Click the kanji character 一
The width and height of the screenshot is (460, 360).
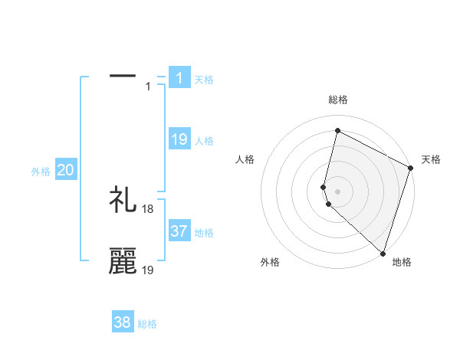pos(123,77)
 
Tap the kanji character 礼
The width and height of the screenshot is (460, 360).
pos(123,200)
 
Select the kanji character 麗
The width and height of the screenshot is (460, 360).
pos(123,261)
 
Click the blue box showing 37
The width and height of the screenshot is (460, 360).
pos(179,231)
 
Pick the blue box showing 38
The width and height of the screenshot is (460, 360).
pos(123,322)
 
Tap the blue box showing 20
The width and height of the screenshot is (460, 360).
pos(65,170)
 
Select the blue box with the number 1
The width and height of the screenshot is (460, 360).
pos(179,77)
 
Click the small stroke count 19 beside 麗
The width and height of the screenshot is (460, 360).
pos(148,270)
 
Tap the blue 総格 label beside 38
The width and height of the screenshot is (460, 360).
pos(147,325)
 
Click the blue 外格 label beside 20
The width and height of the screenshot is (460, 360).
pos(41,172)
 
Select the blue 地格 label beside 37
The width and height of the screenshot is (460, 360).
pos(204,233)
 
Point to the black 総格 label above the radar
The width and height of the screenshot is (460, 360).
pos(338,100)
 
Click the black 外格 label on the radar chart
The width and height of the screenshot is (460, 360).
pos(270,262)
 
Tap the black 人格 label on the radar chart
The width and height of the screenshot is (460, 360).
pos(245,159)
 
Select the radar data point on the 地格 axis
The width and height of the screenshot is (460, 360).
pos(382,253)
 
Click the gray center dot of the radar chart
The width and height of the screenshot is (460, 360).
pos(338,189)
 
